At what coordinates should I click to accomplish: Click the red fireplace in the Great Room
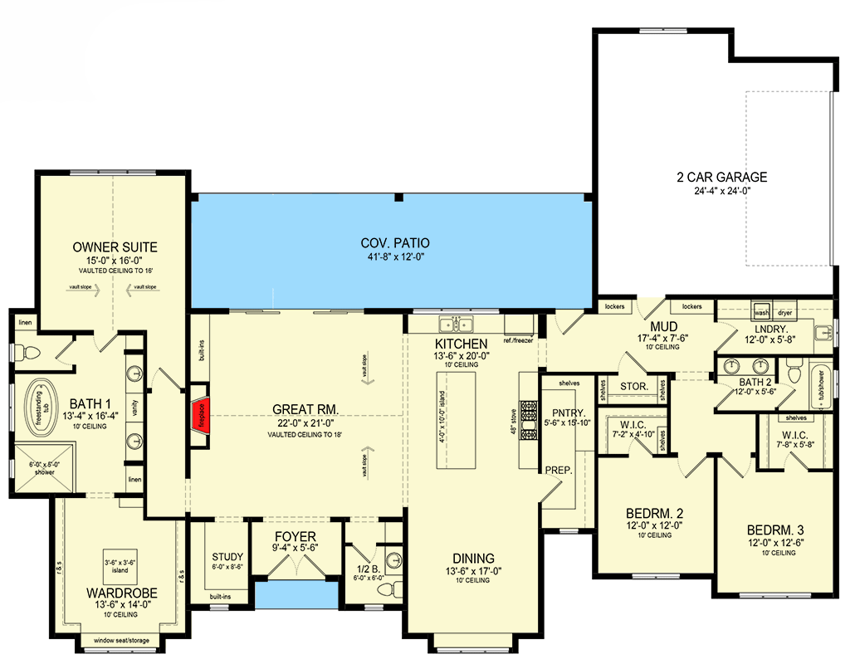[x=200, y=413]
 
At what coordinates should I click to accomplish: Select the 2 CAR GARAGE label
[x=721, y=177]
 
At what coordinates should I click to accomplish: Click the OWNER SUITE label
[x=115, y=247]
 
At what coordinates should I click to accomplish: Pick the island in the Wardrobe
[x=116, y=566]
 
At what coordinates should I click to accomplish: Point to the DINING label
[x=473, y=558]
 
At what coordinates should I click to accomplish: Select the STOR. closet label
[x=633, y=386]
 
